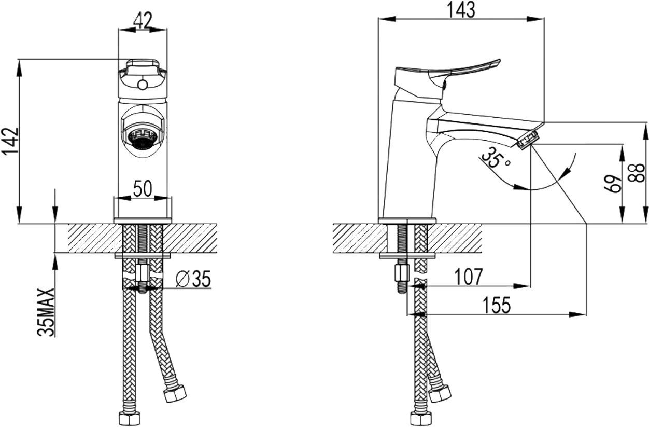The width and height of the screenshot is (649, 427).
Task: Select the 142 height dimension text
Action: [11, 141]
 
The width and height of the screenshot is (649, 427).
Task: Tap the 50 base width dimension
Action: [143, 189]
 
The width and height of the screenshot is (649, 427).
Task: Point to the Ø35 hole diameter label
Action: [193, 280]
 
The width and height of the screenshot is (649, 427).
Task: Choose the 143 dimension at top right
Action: [461, 9]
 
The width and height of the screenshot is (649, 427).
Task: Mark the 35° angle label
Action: [494, 158]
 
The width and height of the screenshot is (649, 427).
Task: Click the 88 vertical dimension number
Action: [639, 173]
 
